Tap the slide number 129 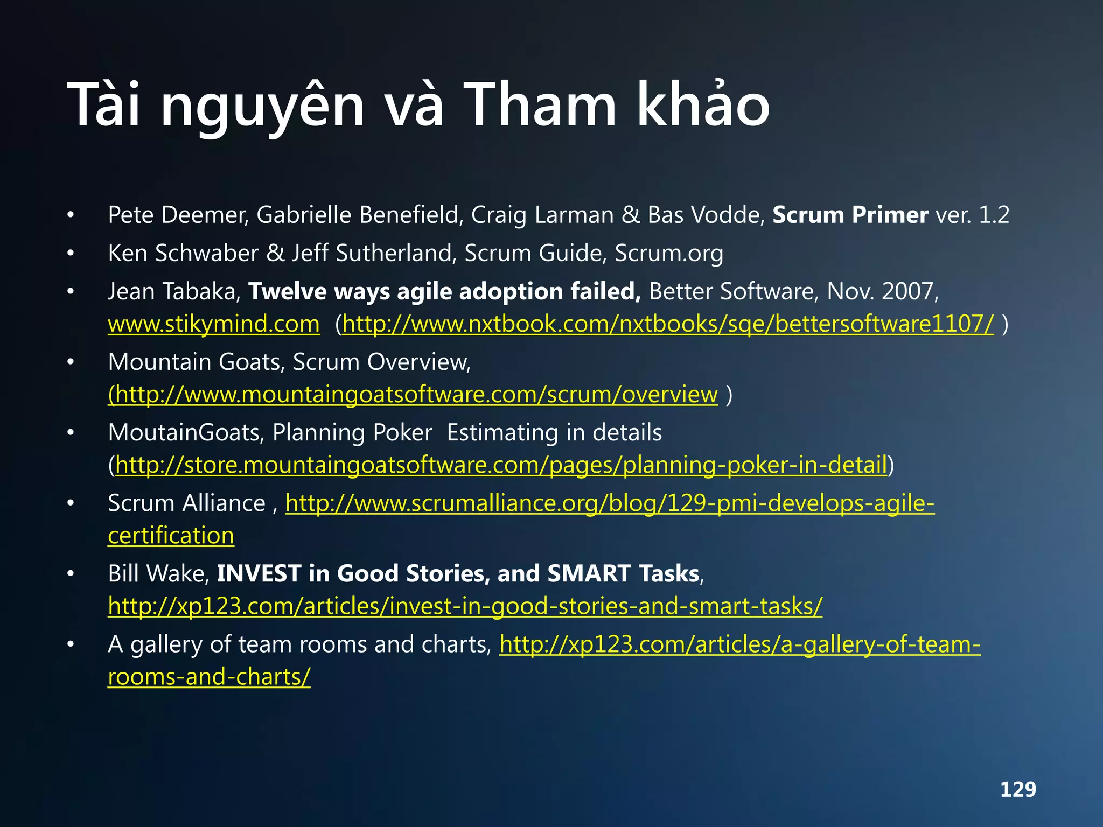[1018, 789]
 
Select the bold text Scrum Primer [850, 215]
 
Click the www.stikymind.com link [214, 324]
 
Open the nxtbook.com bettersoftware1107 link [668, 324]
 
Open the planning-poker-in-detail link [501, 465]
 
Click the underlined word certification [171, 536]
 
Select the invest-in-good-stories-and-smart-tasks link [465, 606]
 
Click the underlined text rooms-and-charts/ [209, 677]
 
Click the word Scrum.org [668, 253]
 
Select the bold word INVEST [259, 573]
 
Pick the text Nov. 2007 [882, 291]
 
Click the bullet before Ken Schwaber [71, 253]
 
